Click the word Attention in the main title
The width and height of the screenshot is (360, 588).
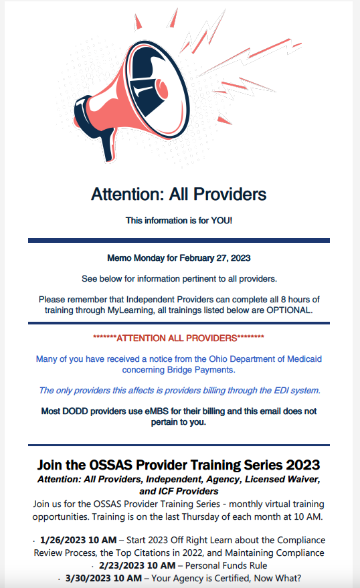coord(128,194)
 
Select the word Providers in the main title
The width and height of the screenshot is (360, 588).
coord(230,194)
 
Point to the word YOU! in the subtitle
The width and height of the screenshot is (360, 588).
coord(221,221)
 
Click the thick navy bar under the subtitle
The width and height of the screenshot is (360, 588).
coord(179,240)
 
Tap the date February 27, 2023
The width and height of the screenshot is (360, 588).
coord(215,258)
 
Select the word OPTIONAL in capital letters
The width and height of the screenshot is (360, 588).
coord(289,310)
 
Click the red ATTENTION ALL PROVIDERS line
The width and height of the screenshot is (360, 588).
coord(179,338)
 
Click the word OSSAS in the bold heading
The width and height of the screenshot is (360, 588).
coord(110,465)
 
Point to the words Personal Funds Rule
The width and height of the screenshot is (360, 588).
coord(226,565)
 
